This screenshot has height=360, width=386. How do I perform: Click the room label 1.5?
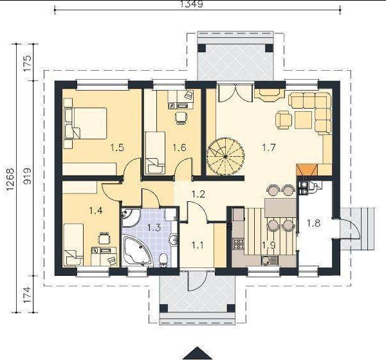(x=117, y=148)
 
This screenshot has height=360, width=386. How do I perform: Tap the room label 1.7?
(x=268, y=148)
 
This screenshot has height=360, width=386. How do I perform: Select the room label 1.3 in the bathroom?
(x=154, y=228)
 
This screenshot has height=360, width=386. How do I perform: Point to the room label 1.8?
(x=313, y=223)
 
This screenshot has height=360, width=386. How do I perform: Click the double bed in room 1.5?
(x=85, y=123)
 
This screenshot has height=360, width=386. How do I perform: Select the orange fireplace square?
(x=307, y=170)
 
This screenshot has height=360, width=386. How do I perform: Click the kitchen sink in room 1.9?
(x=270, y=260)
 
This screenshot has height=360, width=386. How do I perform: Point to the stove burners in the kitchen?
(x=238, y=244)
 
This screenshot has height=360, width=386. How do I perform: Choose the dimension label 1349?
(x=192, y=4)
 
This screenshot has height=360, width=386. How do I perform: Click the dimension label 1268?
(x=10, y=179)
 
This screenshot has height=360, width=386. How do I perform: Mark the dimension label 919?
(x=27, y=176)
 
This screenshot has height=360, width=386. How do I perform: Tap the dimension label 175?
(x=27, y=63)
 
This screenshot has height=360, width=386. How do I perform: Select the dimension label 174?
(x=27, y=294)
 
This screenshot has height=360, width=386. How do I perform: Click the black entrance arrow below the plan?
(x=198, y=354)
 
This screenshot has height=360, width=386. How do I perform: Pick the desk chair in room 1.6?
(x=182, y=118)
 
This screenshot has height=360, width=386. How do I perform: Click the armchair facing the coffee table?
(x=284, y=120)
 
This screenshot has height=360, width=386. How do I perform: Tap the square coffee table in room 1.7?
(x=304, y=120)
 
